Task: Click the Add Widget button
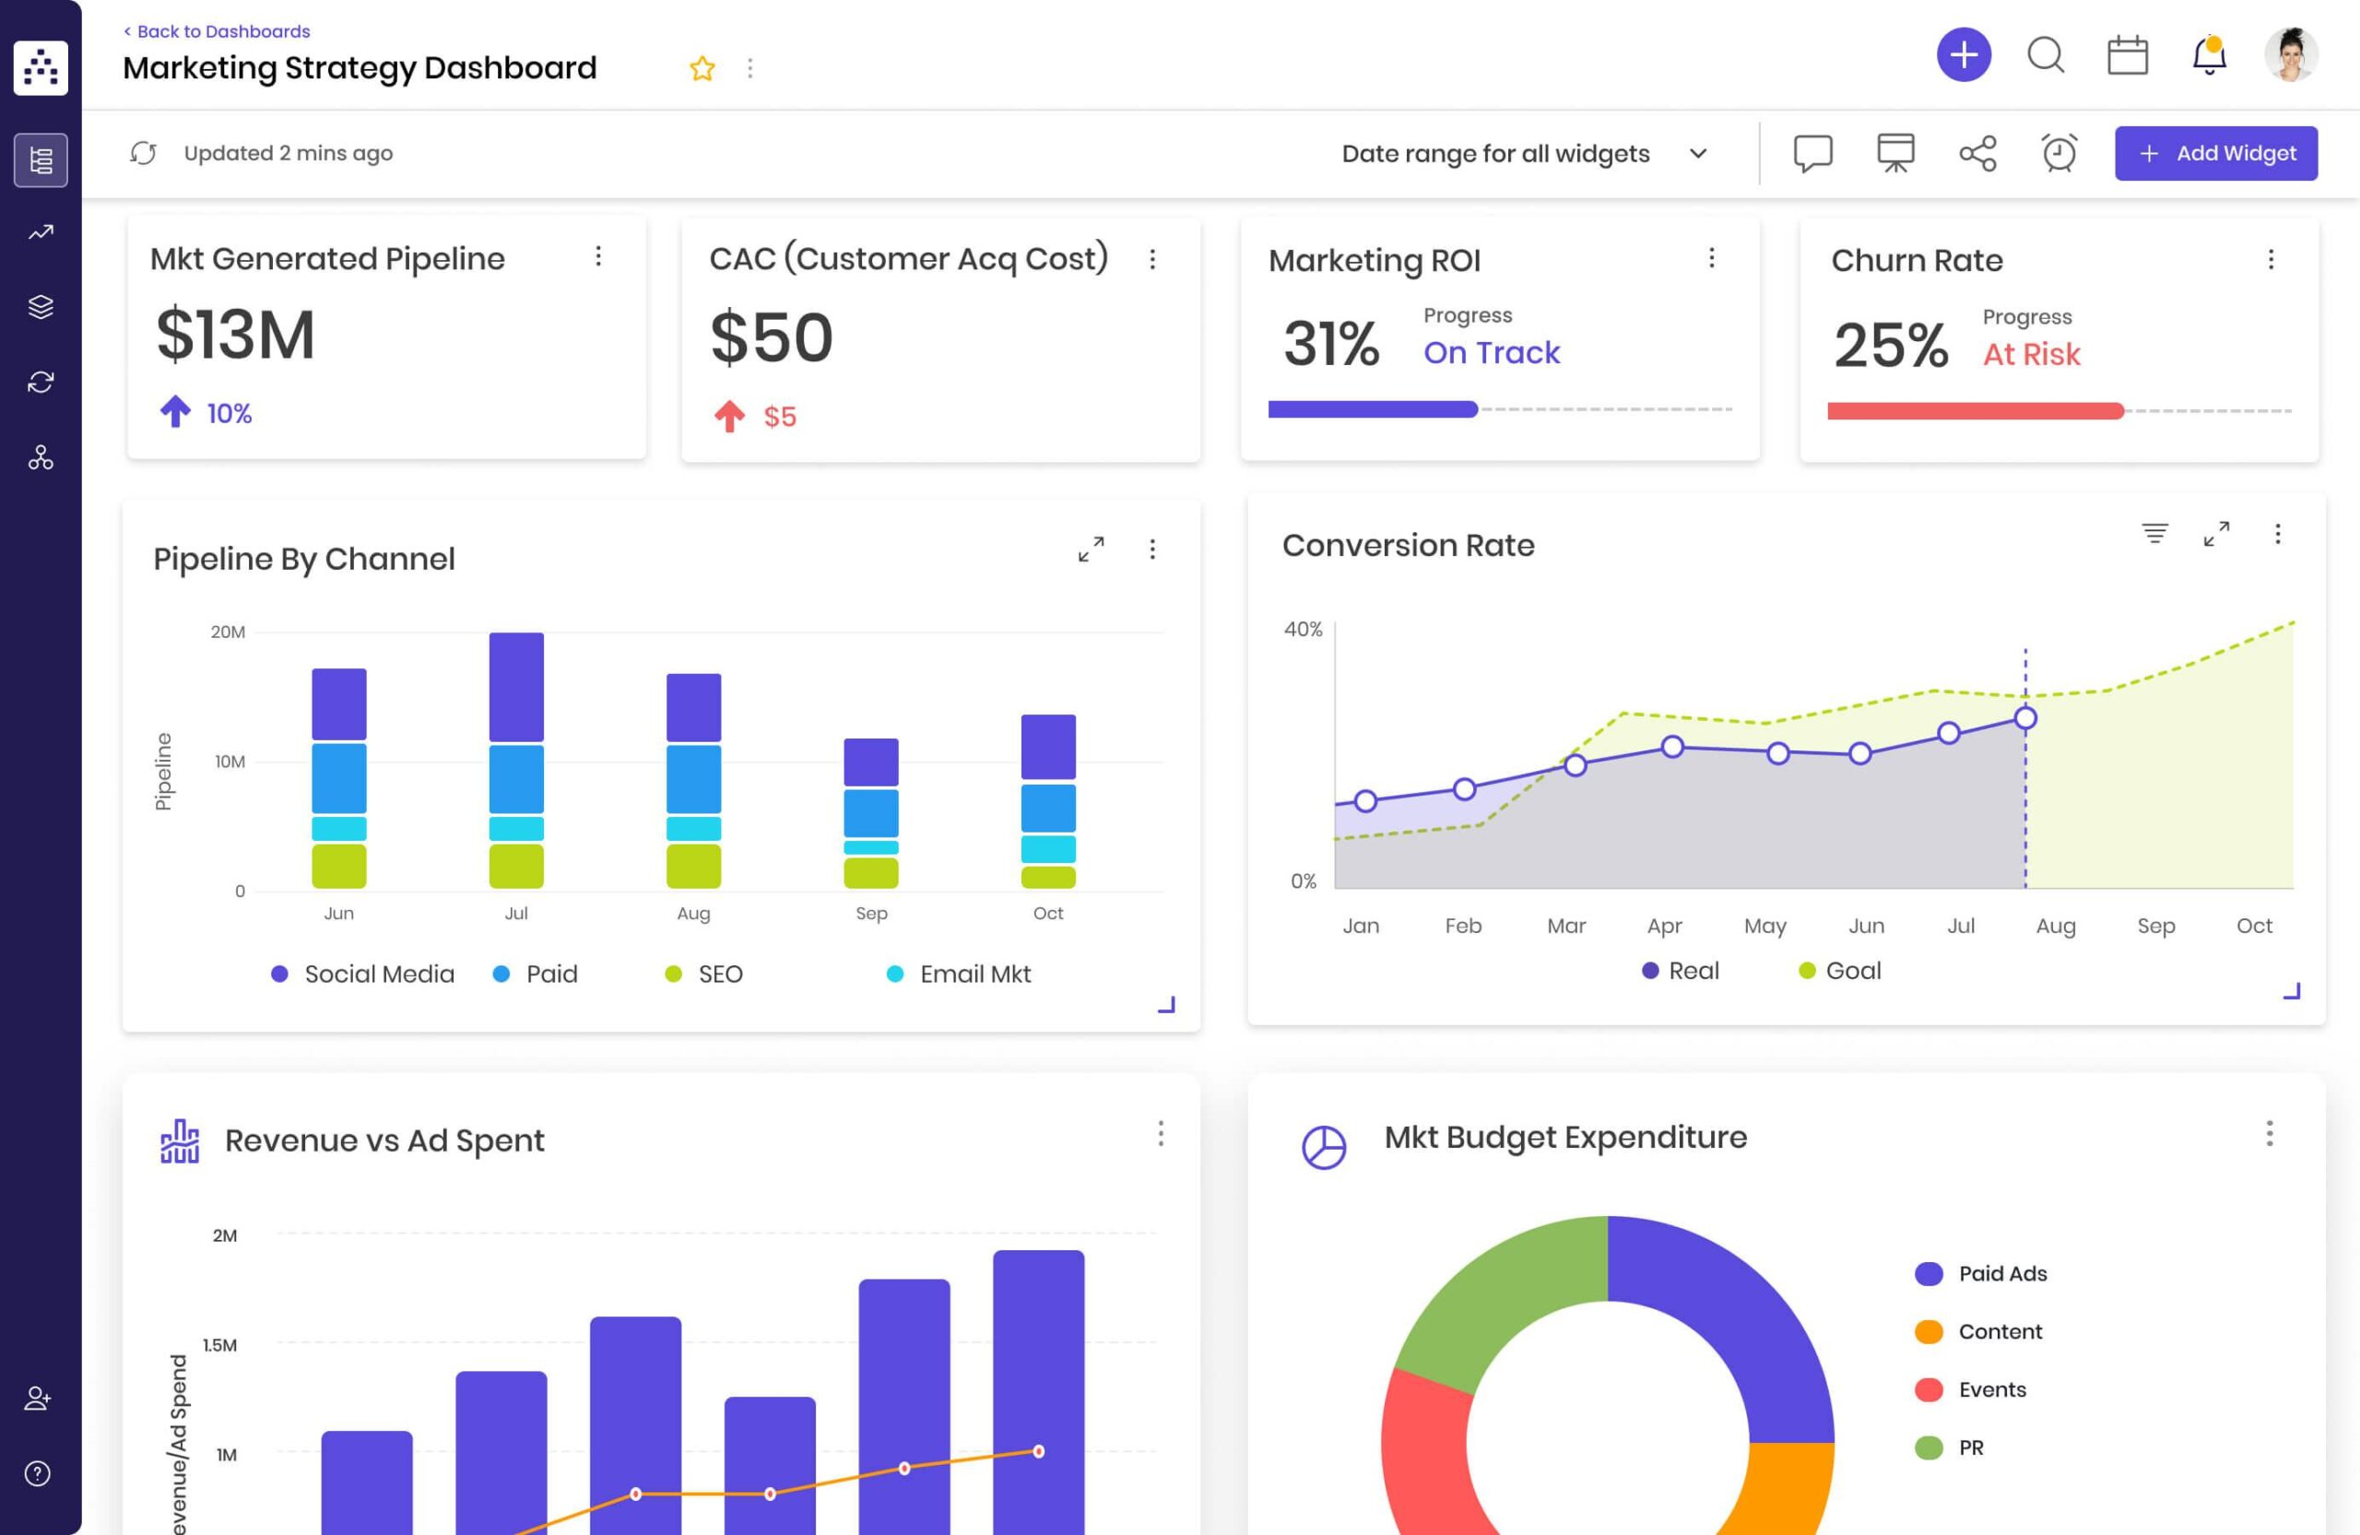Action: pyautogui.click(x=2215, y=154)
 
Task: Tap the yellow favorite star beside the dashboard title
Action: pyautogui.click(x=702, y=68)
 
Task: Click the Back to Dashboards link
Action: pyautogui.click(x=218, y=31)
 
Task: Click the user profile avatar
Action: pyautogui.click(x=2291, y=54)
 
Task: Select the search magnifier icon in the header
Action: pyautogui.click(x=2046, y=55)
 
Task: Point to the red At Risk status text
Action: pyautogui.click(x=2031, y=354)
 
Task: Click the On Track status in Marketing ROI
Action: pyautogui.click(x=1492, y=352)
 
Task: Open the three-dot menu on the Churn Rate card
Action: pyautogui.click(x=2271, y=260)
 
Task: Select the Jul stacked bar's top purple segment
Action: pyautogui.click(x=516, y=687)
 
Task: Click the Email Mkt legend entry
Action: pyautogui.click(x=958, y=974)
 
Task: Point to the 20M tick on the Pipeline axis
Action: pyautogui.click(x=228, y=632)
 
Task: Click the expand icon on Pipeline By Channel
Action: pyautogui.click(x=1091, y=549)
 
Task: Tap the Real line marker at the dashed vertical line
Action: pyautogui.click(x=2024, y=718)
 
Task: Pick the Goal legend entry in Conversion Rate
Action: pyautogui.click(x=1839, y=971)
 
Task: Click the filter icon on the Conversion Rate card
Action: pyautogui.click(x=2153, y=534)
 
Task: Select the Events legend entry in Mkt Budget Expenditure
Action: pyautogui.click(x=1970, y=1389)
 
